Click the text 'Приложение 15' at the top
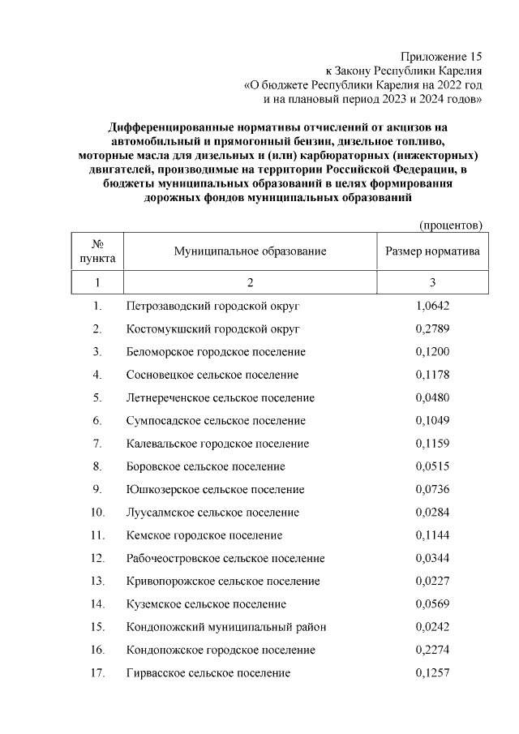pyautogui.click(x=442, y=57)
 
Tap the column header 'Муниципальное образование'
pyautogui.click(x=250, y=251)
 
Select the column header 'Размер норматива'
pyautogui.click(x=432, y=251)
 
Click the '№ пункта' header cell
pyautogui.click(x=97, y=251)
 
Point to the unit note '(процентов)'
pyautogui.click(x=451, y=224)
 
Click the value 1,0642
pyautogui.click(x=431, y=306)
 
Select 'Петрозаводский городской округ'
pyautogui.click(x=213, y=306)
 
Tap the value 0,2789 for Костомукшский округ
pyautogui.click(x=431, y=328)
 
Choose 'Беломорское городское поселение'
pyautogui.click(x=216, y=352)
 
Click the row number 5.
pyautogui.click(x=97, y=398)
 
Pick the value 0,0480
pyautogui.click(x=431, y=398)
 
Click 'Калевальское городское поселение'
pyautogui.click(x=217, y=444)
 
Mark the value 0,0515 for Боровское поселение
pyautogui.click(x=431, y=467)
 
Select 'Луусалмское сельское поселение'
pyautogui.click(x=212, y=513)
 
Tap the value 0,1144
pyautogui.click(x=431, y=535)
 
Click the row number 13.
pyautogui.click(x=97, y=582)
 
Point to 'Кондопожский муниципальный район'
pyautogui.click(x=226, y=628)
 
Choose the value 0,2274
pyautogui.click(x=431, y=650)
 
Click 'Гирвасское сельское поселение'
pyautogui.click(x=208, y=673)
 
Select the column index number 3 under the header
pyautogui.click(x=432, y=282)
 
